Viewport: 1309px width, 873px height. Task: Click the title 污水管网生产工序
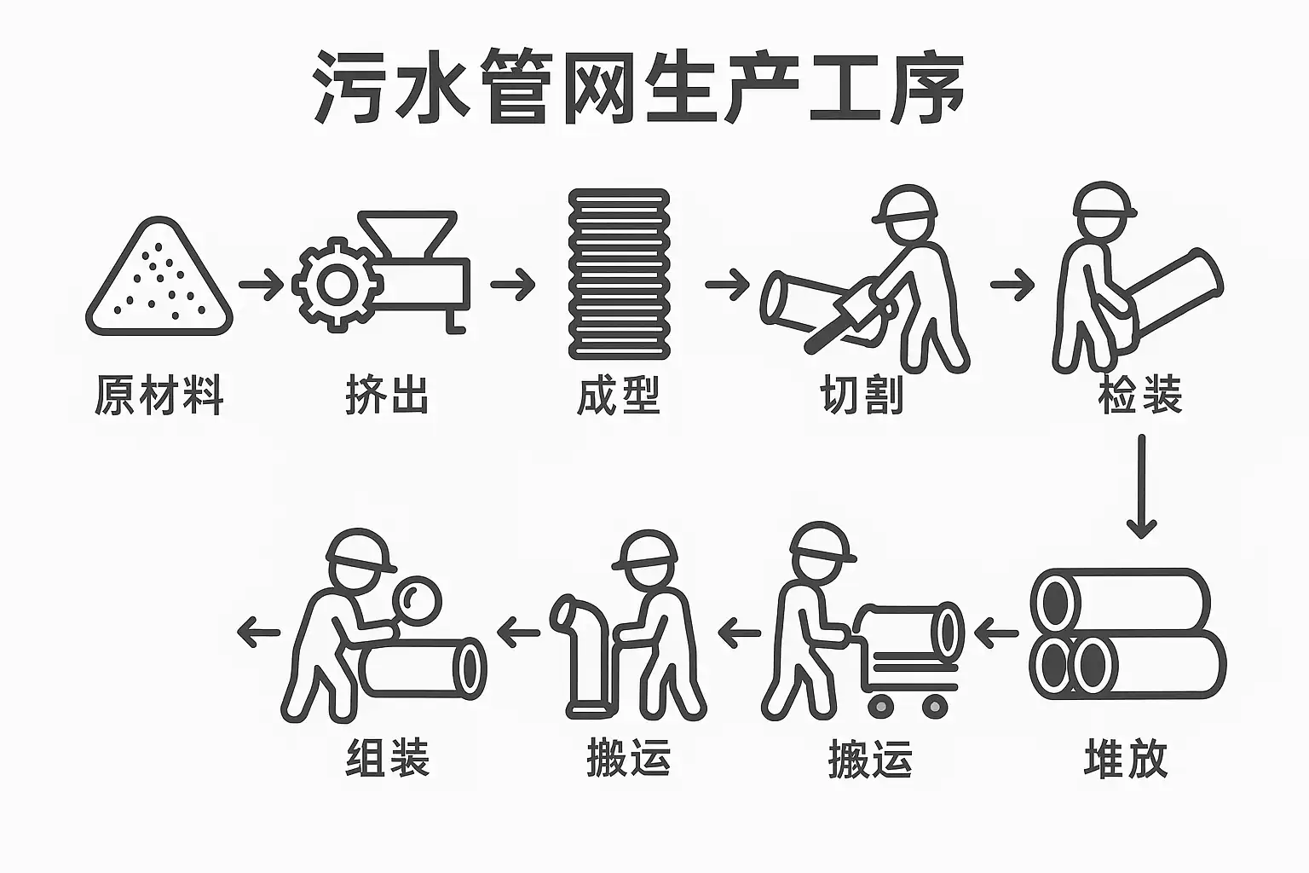pyautogui.click(x=637, y=87)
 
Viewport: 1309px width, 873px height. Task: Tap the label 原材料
pyautogui.click(x=159, y=396)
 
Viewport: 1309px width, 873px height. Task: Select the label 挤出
pyautogui.click(x=387, y=396)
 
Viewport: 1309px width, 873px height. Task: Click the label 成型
pyautogui.click(x=618, y=396)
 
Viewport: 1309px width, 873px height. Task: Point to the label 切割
pyautogui.click(x=862, y=396)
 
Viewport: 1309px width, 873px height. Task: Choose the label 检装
pyautogui.click(x=1140, y=396)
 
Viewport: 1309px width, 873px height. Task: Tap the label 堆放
pyautogui.click(x=1126, y=759)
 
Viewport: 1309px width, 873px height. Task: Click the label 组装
pyautogui.click(x=388, y=758)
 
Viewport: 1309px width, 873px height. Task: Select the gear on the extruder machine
pyautogui.click(x=337, y=284)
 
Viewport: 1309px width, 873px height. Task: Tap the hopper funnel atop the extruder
pyautogui.click(x=407, y=234)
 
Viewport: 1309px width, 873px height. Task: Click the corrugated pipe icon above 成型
pyautogui.click(x=619, y=274)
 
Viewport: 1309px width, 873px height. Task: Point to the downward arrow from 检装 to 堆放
pyautogui.click(x=1141, y=486)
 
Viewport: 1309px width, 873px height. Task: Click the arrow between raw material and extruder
pyautogui.click(x=262, y=285)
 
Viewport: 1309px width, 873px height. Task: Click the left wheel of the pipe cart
pyautogui.click(x=880, y=707)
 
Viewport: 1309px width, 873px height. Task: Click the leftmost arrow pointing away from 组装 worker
pyautogui.click(x=259, y=633)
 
